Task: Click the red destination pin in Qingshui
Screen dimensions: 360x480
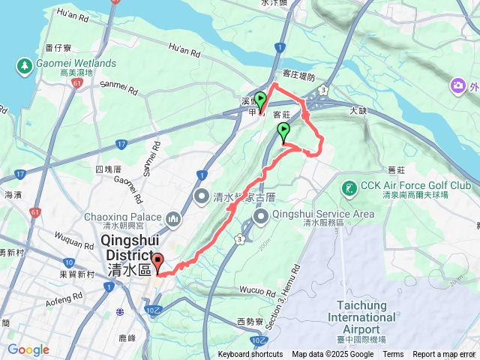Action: [158, 263]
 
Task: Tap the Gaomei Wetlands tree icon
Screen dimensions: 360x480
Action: [24, 65]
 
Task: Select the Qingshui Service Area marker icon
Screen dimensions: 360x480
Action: [262, 217]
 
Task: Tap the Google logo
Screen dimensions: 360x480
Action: [28, 349]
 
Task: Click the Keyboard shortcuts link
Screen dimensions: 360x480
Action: [250, 355]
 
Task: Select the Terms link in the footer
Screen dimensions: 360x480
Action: [393, 355]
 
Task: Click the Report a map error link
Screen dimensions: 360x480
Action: [444, 355]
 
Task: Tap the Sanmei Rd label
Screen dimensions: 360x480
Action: [118, 88]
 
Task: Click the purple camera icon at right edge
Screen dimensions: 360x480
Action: [457, 86]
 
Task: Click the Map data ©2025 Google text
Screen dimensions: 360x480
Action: [332, 355]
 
